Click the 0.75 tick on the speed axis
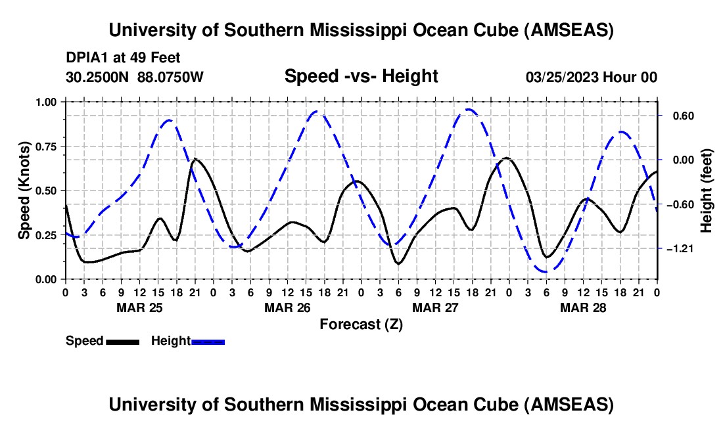tap(46, 146)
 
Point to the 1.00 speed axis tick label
tap(46, 102)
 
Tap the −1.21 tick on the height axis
tap(680, 249)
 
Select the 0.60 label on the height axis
tap(684, 116)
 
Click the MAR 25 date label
tap(140, 307)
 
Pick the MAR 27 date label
tap(435, 307)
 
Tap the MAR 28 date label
tap(583, 307)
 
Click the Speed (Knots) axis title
tap(24, 191)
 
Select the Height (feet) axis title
tap(707, 191)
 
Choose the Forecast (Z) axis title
tap(361, 325)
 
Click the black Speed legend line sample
tap(123, 342)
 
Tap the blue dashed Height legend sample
tap(208, 342)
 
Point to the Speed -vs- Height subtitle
tap(361, 76)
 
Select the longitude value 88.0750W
tap(170, 77)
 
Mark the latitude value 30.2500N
tap(97, 77)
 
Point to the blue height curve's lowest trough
tap(546, 272)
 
